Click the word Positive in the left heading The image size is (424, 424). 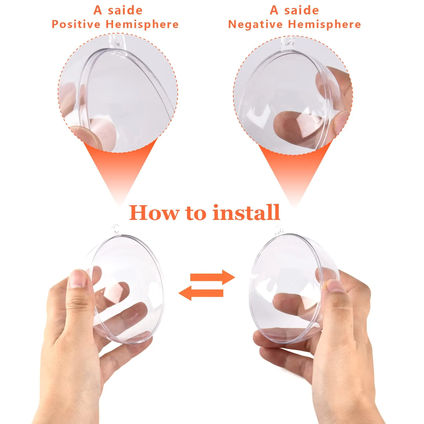coord(76,24)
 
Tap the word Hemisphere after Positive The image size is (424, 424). coord(142,24)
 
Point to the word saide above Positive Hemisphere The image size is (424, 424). coord(125,10)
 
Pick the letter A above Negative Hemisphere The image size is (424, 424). coord(274,10)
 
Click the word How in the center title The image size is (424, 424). coord(154,213)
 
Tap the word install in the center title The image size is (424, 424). coord(246,213)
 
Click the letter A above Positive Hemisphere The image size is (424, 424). coord(98,10)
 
